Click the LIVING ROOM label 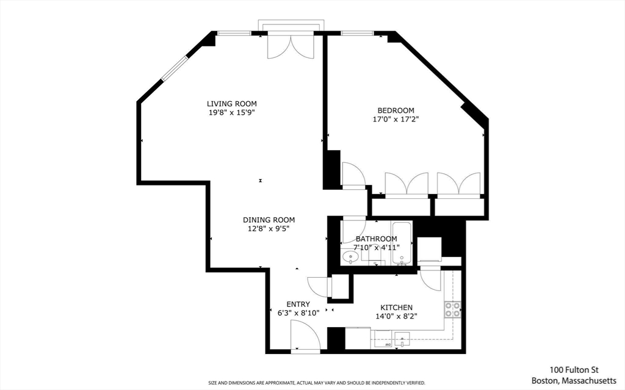[x=231, y=104]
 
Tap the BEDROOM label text [x=396, y=110]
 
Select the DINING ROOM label [x=269, y=220]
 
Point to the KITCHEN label [x=396, y=308]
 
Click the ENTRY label [x=298, y=305]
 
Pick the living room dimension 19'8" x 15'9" [x=231, y=112]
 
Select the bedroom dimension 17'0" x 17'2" [x=396, y=119]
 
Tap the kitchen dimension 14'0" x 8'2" [x=396, y=317]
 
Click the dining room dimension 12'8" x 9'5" [x=269, y=229]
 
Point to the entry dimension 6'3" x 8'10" [x=298, y=314]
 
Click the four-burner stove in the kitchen [x=452, y=309]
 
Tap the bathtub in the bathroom [x=402, y=244]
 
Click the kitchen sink [x=402, y=339]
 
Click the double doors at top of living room [x=291, y=46]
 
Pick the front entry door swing [x=305, y=335]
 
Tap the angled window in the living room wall [x=174, y=69]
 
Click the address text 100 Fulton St [x=574, y=370]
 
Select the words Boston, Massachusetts [x=574, y=380]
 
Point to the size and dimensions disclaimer [x=317, y=383]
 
